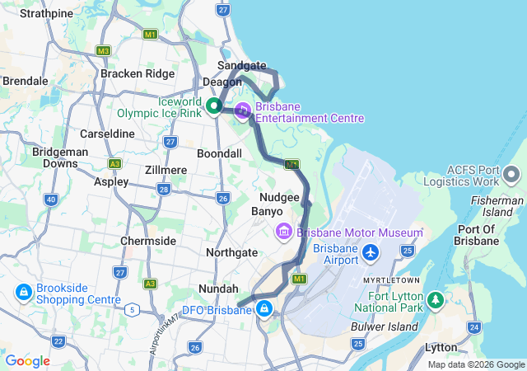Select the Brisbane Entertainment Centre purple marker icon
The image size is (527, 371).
pos(243,110)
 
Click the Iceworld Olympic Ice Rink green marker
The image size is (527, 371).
pos(212,106)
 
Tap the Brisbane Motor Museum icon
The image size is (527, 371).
pos(284,231)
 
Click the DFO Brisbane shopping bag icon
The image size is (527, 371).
pos(264,309)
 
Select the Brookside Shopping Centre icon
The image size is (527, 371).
pos(22,292)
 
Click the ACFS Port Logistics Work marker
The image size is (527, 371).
pos(511,174)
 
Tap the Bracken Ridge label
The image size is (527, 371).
pos(138,73)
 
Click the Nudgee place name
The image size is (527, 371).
pos(278,198)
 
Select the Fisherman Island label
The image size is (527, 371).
pos(497,206)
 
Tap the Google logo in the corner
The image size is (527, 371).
pos(27,360)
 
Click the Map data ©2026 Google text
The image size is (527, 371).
pos(476,364)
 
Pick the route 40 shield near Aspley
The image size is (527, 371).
pos(51,200)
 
